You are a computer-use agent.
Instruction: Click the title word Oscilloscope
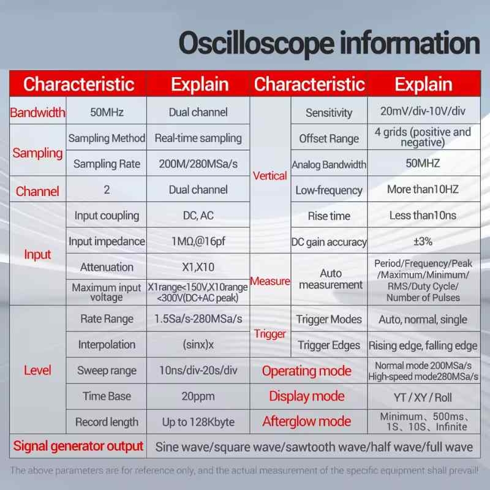(256, 43)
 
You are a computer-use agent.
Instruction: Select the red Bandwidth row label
(37, 113)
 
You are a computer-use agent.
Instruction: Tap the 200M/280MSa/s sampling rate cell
(198, 164)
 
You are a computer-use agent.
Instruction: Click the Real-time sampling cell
(198, 138)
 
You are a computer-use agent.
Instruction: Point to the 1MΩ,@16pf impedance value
(198, 241)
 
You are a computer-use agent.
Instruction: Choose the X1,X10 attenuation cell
(198, 267)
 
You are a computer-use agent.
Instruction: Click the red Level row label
(37, 371)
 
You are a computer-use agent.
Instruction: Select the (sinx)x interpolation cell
(198, 345)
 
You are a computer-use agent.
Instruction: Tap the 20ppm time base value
(198, 396)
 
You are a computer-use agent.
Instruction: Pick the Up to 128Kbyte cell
(198, 422)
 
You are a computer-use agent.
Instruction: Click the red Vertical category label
(270, 176)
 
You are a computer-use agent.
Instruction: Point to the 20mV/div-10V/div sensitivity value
(423, 111)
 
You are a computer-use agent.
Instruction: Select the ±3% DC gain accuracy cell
(423, 241)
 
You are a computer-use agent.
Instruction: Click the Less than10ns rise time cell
(423, 216)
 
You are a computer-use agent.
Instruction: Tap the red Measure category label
(270, 281)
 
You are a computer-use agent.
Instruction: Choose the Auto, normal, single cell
(423, 319)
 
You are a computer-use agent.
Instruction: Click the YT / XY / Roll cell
(423, 398)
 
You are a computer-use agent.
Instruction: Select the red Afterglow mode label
(307, 421)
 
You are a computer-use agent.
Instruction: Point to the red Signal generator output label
(78, 447)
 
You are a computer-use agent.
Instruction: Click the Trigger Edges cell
(329, 345)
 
